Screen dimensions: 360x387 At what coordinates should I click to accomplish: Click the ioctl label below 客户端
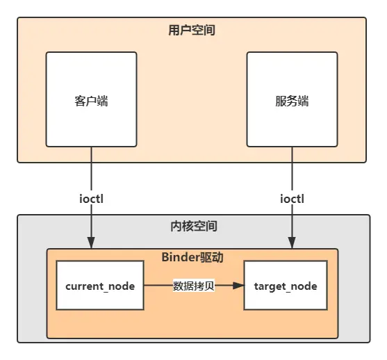tap(92, 198)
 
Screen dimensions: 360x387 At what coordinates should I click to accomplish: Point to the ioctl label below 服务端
tap(292, 198)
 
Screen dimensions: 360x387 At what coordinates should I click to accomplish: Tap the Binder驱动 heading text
tap(192, 258)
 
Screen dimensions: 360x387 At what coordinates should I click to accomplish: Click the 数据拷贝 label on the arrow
tap(193, 286)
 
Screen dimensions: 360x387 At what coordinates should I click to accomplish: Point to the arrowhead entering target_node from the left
tap(238, 286)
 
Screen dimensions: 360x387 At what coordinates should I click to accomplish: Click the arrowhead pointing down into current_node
tap(92, 243)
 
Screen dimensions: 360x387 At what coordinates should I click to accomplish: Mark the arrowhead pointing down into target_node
tap(292, 243)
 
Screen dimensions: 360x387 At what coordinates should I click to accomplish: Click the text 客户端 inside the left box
tap(91, 101)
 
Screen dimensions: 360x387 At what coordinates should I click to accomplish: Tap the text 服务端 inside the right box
tap(292, 101)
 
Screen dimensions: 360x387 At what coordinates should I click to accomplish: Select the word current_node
tap(99, 286)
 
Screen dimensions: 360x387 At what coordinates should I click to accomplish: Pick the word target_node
tap(286, 286)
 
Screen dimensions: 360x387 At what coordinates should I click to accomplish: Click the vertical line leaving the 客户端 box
tap(92, 167)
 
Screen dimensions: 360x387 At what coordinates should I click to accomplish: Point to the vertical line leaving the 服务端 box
tap(292, 167)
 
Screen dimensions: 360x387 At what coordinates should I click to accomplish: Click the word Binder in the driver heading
tap(179, 258)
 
